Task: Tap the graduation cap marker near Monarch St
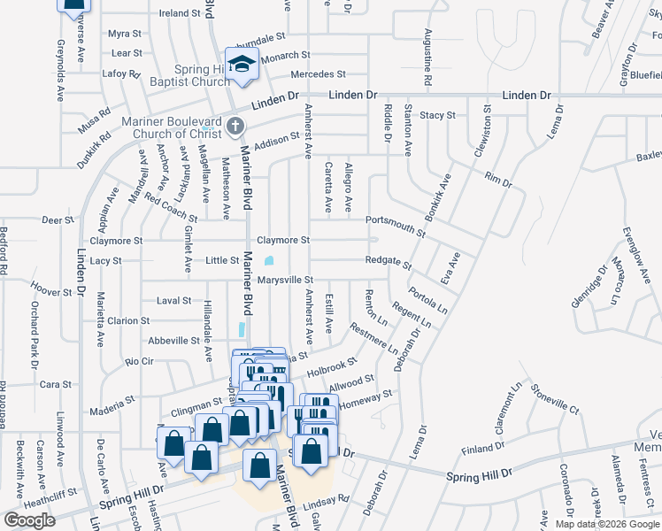pyautogui.click(x=241, y=64)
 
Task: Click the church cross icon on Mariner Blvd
pyautogui.click(x=235, y=126)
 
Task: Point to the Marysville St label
pyautogui.click(x=286, y=280)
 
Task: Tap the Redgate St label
pyautogui.click(x=389, y=262)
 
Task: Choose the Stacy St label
pyautogui.click(x=437, y=115)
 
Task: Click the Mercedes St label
pyautogui.click(x=318, y=74)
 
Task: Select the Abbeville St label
pyautogui.click(x=173, y=340)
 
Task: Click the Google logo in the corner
pyautogui.click(x=29, y=520)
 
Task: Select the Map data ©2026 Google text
pyautogui.click(x=607, y=524)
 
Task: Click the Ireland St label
pyautogui.click(x=180, y=13)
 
